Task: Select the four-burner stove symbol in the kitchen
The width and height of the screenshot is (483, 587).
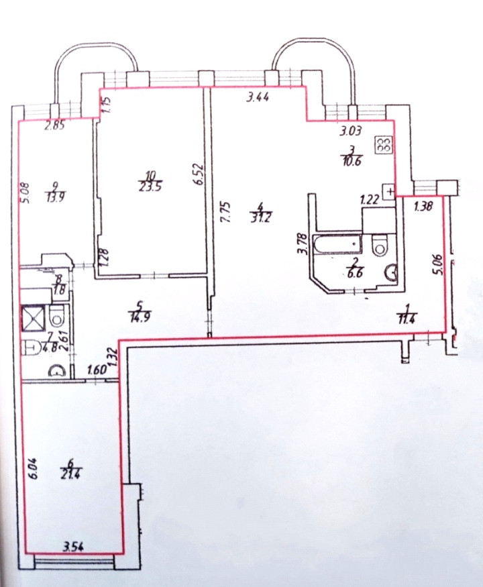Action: [384, 146]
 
